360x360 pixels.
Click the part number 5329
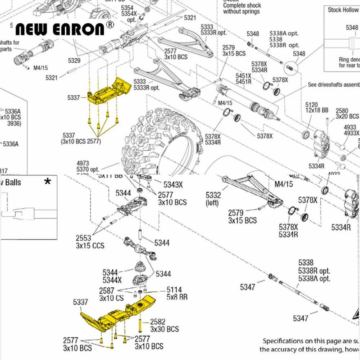coord(73,60)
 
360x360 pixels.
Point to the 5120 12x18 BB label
coord(317,108)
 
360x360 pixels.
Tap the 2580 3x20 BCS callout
coord(347,113)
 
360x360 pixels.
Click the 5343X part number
coord(173,185)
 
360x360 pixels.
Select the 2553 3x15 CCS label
coord(90,242)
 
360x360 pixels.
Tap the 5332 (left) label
coord(213,199)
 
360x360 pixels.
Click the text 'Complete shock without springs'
coord(241,8)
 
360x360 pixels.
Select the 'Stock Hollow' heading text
coord(343,10)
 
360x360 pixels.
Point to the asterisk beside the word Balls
coord(47,181)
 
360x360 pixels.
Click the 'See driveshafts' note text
coord(333,85)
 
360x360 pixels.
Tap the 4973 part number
coord(82,163)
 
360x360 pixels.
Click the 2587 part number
coord(107,291)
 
